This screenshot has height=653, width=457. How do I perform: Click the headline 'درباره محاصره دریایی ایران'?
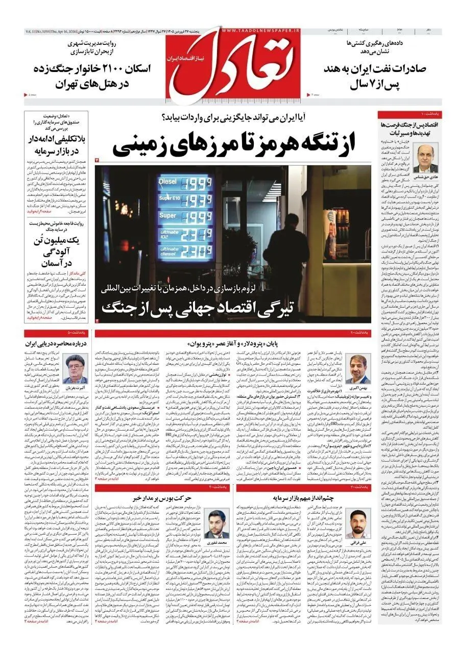pos(53,343)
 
